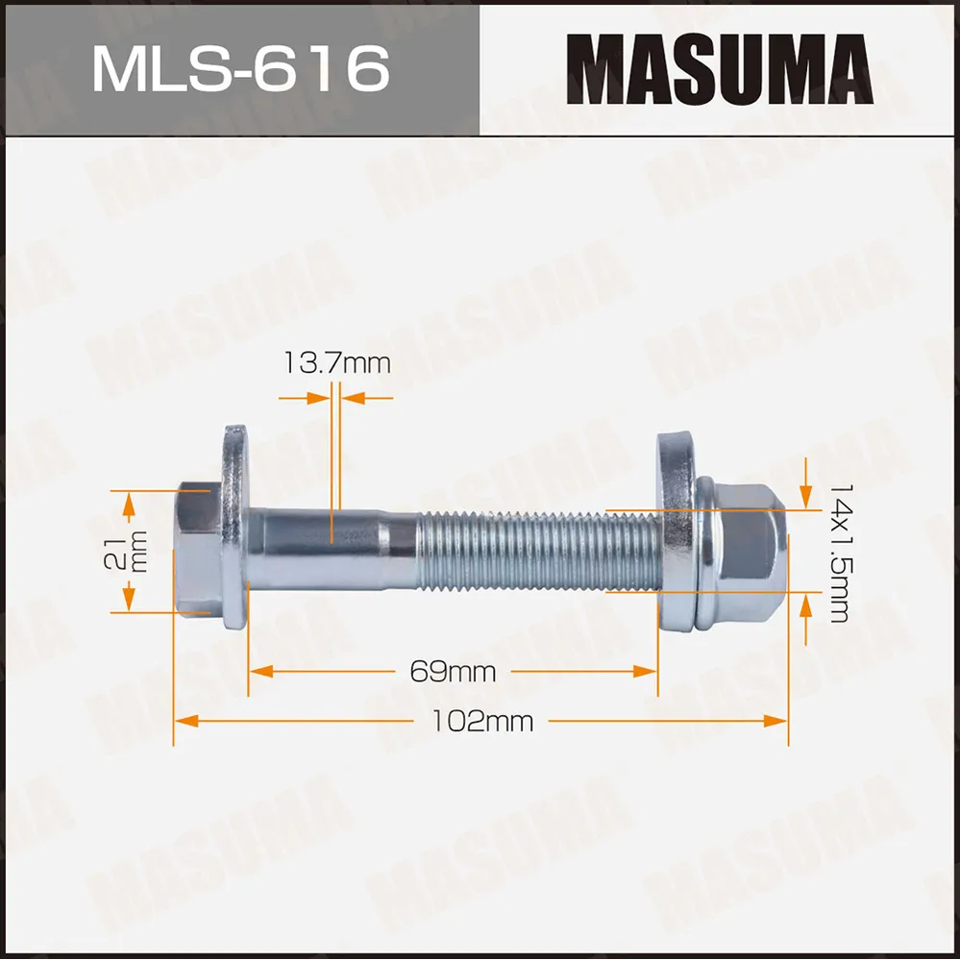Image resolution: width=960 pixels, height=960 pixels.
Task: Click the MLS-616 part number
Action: [x=240, y=68]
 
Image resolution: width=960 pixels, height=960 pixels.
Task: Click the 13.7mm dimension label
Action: [x=336, y=363]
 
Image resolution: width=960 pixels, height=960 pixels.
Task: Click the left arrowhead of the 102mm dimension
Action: [x=182, y=720]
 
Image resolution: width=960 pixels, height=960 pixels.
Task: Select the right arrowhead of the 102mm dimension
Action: [x=779, y=720]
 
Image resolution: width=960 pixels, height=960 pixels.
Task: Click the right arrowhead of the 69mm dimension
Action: [x=649, y=671]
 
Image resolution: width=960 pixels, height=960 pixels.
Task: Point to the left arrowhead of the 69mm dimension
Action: [x=258, y=671]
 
